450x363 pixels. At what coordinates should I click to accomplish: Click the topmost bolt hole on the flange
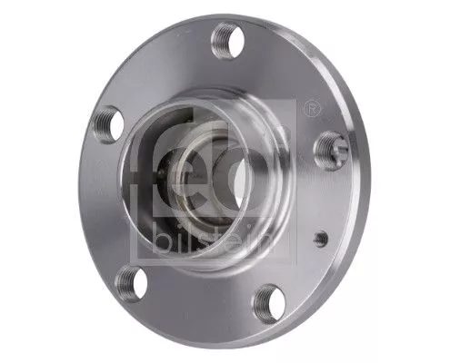click(x=225, y=41)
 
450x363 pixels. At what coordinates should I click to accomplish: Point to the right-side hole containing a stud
click(x=326, y=147)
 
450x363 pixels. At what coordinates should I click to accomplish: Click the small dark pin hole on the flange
click(x=321, y=239)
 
